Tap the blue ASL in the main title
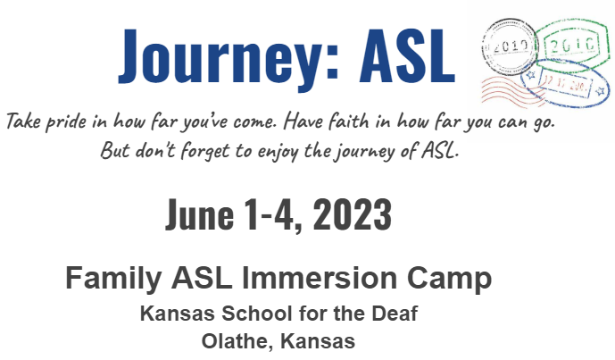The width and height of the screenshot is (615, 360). point(407,55)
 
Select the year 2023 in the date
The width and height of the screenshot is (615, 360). point(353,214)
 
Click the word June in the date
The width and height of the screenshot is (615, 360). point(200,214)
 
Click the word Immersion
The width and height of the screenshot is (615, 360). point(320,278)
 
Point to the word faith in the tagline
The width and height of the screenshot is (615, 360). point(348,121)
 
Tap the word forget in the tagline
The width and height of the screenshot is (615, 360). point(204,151)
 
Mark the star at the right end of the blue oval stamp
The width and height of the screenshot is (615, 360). point(600,91)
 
